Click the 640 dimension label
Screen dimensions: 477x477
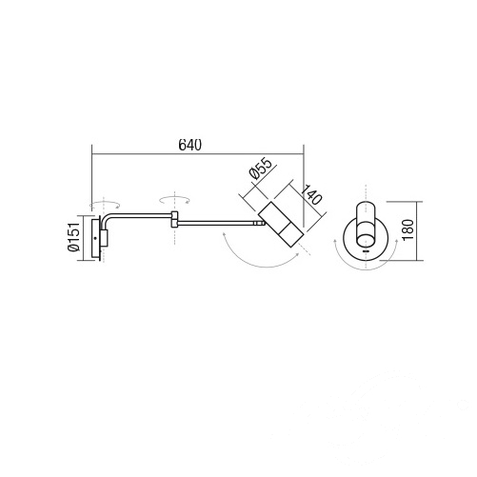pyautogui.click(x=190, y=145)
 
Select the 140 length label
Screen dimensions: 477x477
pyautogui.click(x=311, y=194)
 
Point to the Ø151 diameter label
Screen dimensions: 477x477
pyautogui.click(x=73, y=237)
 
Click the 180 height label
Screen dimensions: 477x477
pyautogui.click(x=408, y=229)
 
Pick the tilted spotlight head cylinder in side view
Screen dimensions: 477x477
pyautogui.click(x=281, y=225)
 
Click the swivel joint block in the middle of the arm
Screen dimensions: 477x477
pyautogui.click(x=174, y=219)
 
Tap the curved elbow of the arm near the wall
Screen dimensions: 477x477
pyautogui.click(x=105, y=220)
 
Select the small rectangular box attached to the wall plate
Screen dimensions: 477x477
pyautogui.click(x=105, y=238)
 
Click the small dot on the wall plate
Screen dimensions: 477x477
pyautogui.click(x=95, y=238)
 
